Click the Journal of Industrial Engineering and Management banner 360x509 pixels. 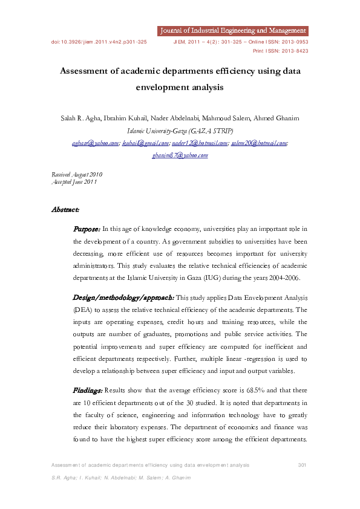pyautogui.click(x=232, y=30)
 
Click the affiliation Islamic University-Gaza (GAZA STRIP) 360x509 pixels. pyautogui.click(x=180, y=130)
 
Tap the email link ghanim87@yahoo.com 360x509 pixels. pyautogui.click(x=180, y=155)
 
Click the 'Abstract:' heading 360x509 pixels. pyautogui.click(x=65, y=210)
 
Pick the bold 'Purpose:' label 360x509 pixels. pyautogui.click(x=87, y=229)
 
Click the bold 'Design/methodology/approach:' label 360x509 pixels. pyautogui.click(x=123, y=297)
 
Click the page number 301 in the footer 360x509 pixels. pyautogui.click(x=303, y=464)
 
